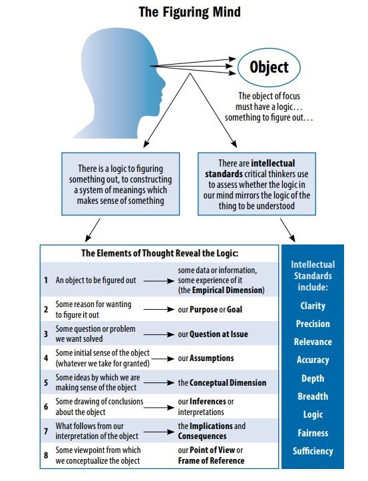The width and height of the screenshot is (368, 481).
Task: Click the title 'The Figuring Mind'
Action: click(190, 12)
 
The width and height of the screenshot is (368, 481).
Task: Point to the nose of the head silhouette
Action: click(162, 83)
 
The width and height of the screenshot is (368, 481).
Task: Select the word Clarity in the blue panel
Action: click(313, 306)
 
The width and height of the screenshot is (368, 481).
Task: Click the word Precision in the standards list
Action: click(313, 324)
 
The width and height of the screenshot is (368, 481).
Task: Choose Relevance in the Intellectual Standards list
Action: click(313, 342)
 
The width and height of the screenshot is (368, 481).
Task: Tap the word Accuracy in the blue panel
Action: click(313, 360)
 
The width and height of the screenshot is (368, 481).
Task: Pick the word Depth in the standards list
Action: click(313, 378)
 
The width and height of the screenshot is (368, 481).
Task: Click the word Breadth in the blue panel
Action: click(313, 396)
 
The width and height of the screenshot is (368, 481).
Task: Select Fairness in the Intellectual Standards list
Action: click(313, 433)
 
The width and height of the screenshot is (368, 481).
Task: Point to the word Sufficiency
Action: click(313, 451)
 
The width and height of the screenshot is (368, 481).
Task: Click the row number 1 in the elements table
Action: click(46, 280)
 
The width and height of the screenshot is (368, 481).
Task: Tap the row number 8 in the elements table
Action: click(46, 455)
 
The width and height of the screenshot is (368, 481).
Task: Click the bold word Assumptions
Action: click(212, 358)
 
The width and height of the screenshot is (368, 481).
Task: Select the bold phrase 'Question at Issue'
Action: click(219, 334)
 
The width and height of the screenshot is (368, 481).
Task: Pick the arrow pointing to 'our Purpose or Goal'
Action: click(159, 310)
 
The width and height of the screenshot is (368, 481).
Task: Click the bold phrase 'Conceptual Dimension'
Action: click(228, 383)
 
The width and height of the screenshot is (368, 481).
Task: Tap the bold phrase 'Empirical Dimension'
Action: click(228, 290)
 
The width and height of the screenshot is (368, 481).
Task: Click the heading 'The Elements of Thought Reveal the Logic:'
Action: click(160, 253)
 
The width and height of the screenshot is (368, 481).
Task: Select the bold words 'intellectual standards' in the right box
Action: click(250, 169)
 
